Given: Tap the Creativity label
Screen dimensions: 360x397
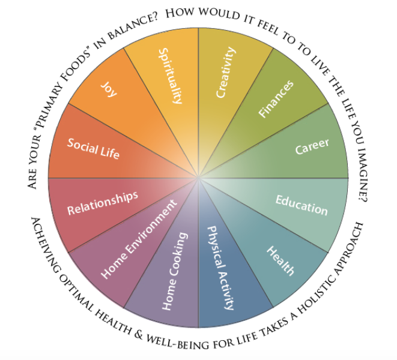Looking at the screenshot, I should (x=226, y=73).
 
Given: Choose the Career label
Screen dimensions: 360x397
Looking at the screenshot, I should (x=312, y=147).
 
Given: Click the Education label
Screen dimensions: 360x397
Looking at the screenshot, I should (x=302, y=204).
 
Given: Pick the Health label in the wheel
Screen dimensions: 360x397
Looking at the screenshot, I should (x=280, y=261).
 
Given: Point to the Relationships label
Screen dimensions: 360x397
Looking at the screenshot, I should (x=103, y=203).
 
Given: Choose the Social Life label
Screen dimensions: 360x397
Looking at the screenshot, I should (x=93, y=148).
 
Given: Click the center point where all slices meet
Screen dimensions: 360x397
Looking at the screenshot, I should (x=198, y=178).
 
